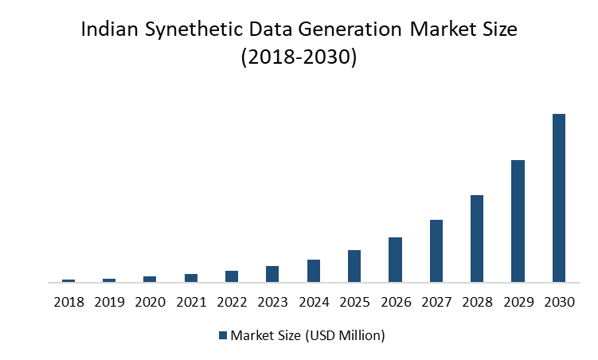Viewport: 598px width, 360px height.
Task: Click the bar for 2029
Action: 518,221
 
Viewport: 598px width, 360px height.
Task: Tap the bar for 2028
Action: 477,238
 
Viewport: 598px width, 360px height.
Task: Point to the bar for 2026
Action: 395,259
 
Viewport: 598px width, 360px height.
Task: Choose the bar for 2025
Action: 354,265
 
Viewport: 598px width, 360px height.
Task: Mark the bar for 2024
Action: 314,270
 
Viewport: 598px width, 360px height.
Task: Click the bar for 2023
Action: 272,273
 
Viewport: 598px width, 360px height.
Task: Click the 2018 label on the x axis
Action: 68,302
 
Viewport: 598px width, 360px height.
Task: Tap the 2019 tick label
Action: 109,302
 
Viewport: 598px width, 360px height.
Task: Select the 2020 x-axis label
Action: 150,302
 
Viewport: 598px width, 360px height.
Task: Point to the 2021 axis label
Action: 191,302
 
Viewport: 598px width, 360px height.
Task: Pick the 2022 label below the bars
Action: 232,302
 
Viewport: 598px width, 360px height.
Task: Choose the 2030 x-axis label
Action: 559,302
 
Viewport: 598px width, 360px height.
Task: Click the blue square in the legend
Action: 223,335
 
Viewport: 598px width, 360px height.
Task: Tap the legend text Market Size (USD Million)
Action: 308,335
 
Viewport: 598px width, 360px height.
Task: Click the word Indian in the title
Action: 108,31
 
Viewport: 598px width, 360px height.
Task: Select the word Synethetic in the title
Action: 195,33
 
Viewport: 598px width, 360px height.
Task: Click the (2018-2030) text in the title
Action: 299,59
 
